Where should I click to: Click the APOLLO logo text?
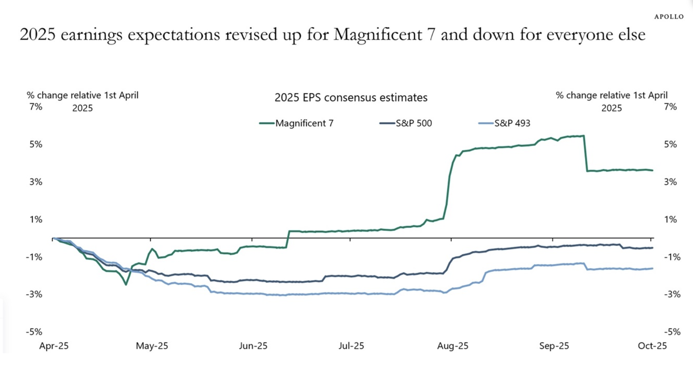[x=669, y=17]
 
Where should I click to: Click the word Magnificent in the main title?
[x=378, y=34]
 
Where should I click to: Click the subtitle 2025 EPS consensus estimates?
[x=351, y=98]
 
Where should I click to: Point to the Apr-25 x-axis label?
[x=54, y=346]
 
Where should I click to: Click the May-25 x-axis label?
[x=152, y=346]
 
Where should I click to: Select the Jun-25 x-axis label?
[x=253, y=346]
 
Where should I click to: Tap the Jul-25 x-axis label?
[x=351, y=346]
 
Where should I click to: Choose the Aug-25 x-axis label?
[x=453, y=346]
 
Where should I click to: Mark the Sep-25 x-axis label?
[x=554, y=346]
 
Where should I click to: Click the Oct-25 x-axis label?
[x=652, y=346]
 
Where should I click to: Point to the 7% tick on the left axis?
[x=36, y=107]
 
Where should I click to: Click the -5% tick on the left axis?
[x=34, y=332]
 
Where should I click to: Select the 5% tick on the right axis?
[x=670, y=144]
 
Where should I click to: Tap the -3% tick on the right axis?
[x=672, y=294]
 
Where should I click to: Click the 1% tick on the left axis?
[x=36, y=219]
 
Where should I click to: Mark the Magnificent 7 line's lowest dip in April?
[x=126, y=284]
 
